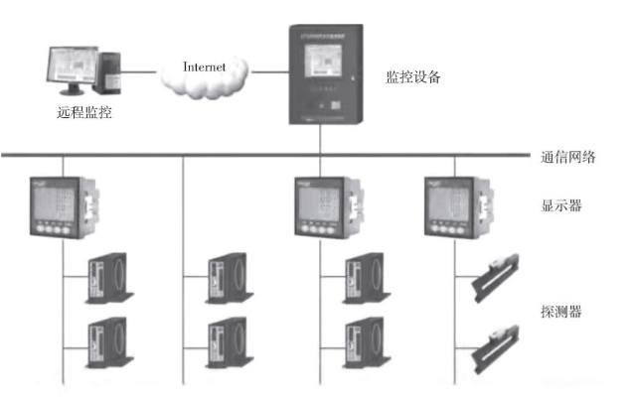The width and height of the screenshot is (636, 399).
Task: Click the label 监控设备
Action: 411,76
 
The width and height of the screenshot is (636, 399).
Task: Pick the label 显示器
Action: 560,208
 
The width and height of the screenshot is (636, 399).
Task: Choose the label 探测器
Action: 560,312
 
